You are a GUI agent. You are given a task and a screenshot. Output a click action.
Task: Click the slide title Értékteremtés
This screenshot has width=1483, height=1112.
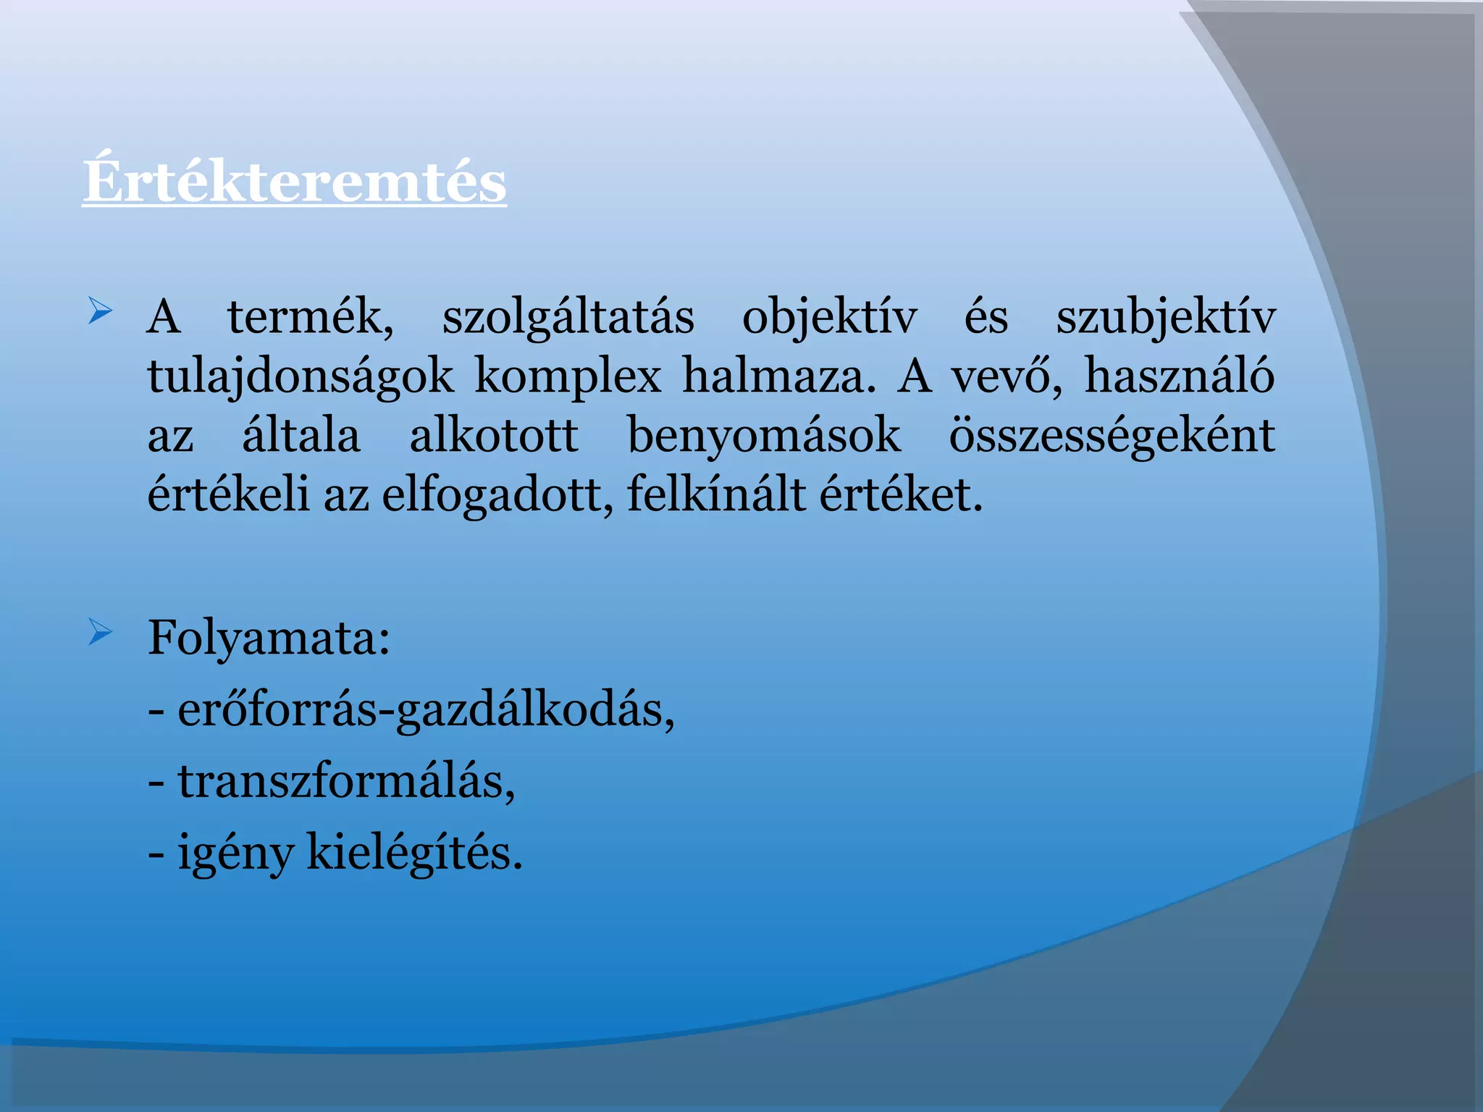[294, 181]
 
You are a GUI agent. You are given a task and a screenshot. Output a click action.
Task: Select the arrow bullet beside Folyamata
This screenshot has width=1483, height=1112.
[100, 632]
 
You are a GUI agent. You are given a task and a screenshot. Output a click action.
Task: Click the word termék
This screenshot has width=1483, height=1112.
[311, 317]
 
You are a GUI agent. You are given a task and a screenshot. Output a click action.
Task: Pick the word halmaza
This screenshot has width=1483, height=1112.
[778, 376]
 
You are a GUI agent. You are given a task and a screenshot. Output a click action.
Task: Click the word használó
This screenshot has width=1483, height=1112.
[1180, 376]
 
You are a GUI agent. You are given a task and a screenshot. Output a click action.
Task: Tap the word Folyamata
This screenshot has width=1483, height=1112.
[269, 639]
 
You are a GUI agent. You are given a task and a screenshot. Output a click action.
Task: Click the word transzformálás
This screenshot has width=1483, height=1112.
[346, 782]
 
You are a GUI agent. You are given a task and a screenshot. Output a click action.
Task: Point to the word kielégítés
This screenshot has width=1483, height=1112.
[414, 853]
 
